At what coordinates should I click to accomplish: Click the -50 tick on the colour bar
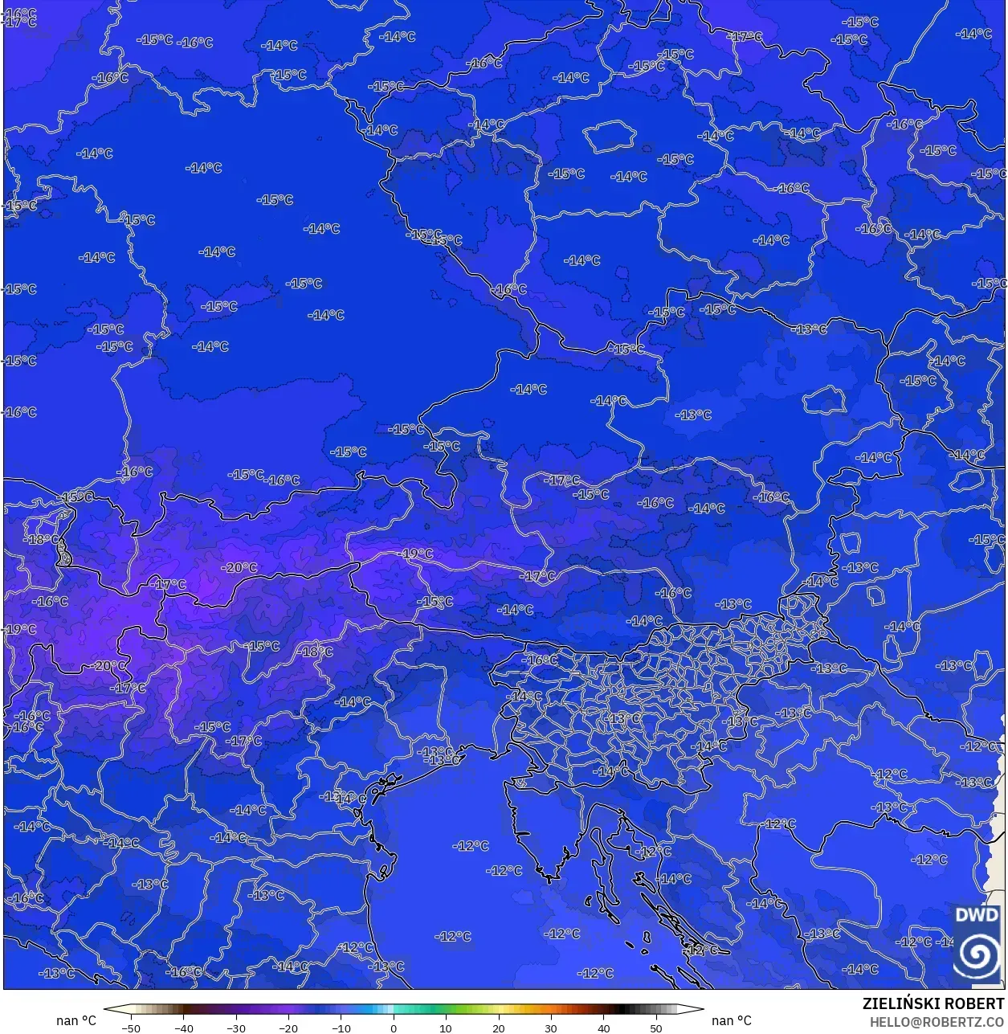[130, 1028]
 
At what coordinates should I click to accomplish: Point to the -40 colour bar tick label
[183, 1028]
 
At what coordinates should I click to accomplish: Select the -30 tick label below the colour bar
[235, 1028]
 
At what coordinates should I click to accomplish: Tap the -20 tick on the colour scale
[288, 1028]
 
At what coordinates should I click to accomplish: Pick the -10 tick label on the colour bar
[341, 1028]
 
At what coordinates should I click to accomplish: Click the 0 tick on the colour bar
[394, 1028]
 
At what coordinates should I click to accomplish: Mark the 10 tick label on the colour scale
[446, 1028]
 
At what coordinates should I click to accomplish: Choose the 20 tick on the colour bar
[499, 1028]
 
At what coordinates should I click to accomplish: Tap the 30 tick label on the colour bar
[551, 1028]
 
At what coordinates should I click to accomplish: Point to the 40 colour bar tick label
[604, 1028]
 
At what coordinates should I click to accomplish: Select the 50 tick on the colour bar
[656, 1028]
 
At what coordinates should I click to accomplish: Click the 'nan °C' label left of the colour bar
[76, 1020]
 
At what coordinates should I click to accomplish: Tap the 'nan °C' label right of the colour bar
[732, 1020]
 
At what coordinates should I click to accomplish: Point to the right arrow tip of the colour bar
[703, 1010]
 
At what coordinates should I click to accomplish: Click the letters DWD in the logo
[977, 915]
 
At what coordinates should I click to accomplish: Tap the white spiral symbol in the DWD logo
[977, 954]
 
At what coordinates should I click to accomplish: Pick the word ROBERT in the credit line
[973, 1003]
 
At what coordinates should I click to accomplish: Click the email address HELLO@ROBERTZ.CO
[937, 1021]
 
